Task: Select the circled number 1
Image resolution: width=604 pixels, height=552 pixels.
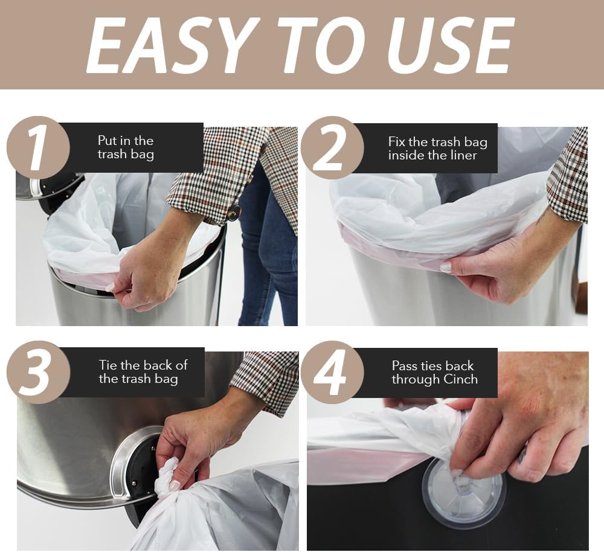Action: pos(38,147)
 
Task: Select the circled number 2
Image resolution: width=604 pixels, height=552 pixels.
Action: pos(332,147)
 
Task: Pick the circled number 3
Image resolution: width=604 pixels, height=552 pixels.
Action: pos(38,372)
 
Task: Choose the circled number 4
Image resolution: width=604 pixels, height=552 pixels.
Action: pos(332,372)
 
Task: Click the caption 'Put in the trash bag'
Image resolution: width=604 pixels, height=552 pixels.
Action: pos(126,147)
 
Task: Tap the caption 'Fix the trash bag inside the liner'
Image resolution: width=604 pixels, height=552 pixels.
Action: pos(437,149)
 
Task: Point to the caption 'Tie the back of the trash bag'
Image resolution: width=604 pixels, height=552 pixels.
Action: pos(143,372)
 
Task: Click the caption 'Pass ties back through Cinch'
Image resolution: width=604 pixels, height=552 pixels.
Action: pos(434,373)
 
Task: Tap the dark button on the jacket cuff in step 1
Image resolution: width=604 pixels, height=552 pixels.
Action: pos(234,213)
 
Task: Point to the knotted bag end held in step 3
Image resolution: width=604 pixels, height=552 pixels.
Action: pos(165,477)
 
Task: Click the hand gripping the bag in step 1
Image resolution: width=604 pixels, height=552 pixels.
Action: pos(145,266)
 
